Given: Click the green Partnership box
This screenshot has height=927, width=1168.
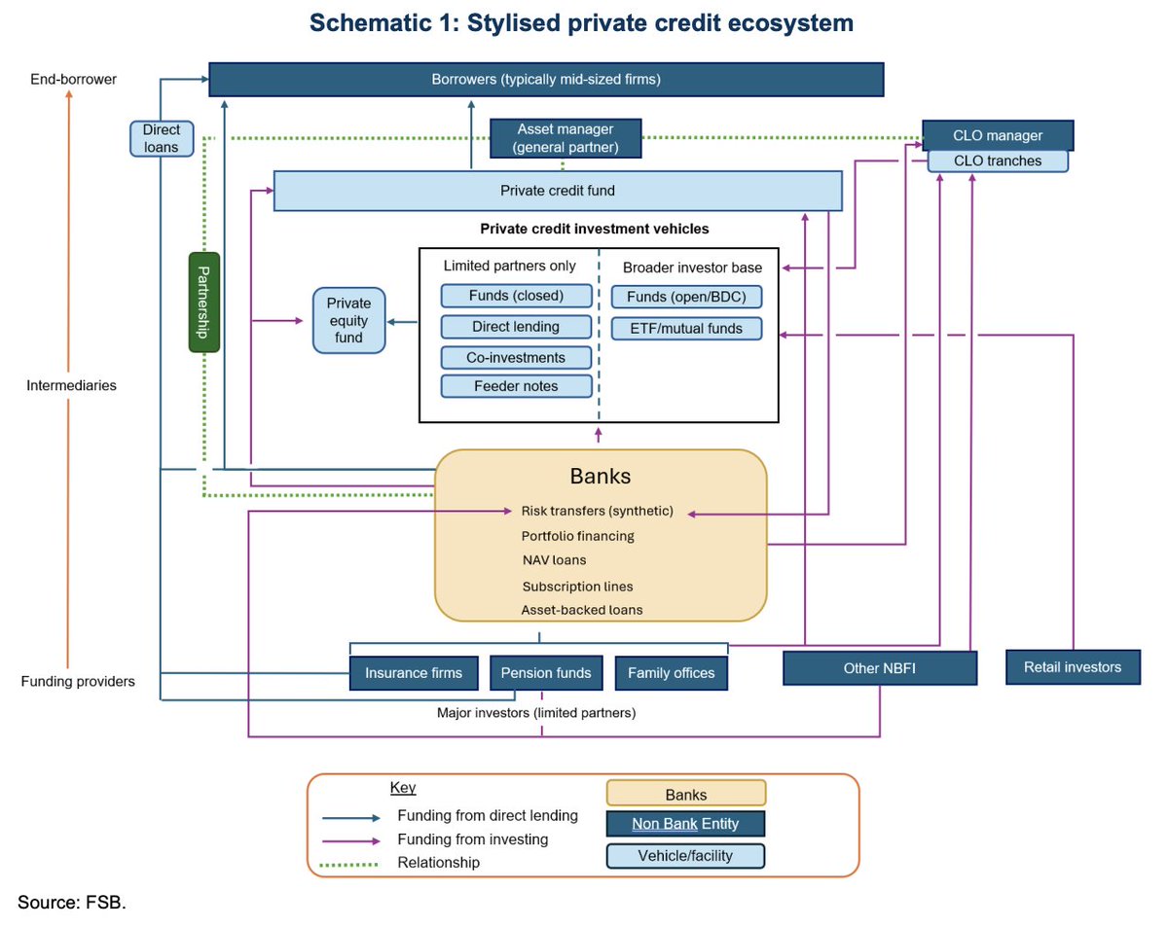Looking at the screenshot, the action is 204,303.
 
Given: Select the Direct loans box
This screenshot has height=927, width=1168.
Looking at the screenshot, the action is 162,138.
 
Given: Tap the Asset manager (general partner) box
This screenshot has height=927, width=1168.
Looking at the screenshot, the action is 565,138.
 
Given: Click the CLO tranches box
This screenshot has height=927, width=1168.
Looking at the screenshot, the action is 997,161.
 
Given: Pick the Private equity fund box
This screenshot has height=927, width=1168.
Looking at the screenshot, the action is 348,320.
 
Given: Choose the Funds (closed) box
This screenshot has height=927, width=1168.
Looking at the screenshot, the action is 516,296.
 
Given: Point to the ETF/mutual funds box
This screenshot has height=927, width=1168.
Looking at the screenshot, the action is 686,328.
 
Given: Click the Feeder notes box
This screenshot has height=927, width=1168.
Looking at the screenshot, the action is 516,385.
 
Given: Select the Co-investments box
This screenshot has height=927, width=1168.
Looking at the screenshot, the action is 516,357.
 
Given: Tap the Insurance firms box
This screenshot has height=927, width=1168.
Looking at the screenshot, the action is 414,672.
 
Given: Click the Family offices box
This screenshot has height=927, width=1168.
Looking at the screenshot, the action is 671,672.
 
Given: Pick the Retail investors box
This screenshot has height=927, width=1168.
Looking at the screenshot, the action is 1073,666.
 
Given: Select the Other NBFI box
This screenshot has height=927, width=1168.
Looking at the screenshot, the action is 879,667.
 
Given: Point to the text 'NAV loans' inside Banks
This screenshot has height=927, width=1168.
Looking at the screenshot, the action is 554,559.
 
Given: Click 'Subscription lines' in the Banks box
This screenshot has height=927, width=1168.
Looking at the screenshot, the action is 577,587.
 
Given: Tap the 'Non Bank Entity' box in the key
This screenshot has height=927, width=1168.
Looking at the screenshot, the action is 685,823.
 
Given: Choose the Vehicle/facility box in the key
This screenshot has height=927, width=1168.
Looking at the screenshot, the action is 685,855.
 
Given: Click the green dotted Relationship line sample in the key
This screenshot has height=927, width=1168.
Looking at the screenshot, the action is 348,865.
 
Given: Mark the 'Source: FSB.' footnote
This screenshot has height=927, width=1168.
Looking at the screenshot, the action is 72,902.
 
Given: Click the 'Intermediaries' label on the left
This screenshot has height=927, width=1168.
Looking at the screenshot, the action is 71,385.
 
